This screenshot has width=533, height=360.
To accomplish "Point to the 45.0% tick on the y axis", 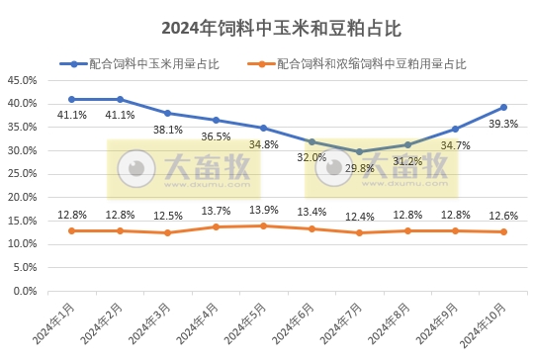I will click(x=22, y=80).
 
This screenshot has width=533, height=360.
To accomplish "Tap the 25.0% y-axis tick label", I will click(x=22, y=174).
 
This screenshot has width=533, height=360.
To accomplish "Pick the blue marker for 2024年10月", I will click(x=503, y=107).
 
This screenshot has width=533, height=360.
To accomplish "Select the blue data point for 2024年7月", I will click(x=359, y=151).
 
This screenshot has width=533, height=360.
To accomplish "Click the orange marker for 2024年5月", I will click(x=263, y=225).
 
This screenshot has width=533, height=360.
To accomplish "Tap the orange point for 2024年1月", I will click(x=71, y=230).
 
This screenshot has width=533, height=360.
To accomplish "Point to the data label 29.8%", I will click(x=359, y=168).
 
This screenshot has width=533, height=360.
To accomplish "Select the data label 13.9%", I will click(x=263, y=211).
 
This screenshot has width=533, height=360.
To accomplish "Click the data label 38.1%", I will click(x=167, y=130).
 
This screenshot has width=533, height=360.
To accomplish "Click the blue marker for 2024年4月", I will click(x=215, y=120).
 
